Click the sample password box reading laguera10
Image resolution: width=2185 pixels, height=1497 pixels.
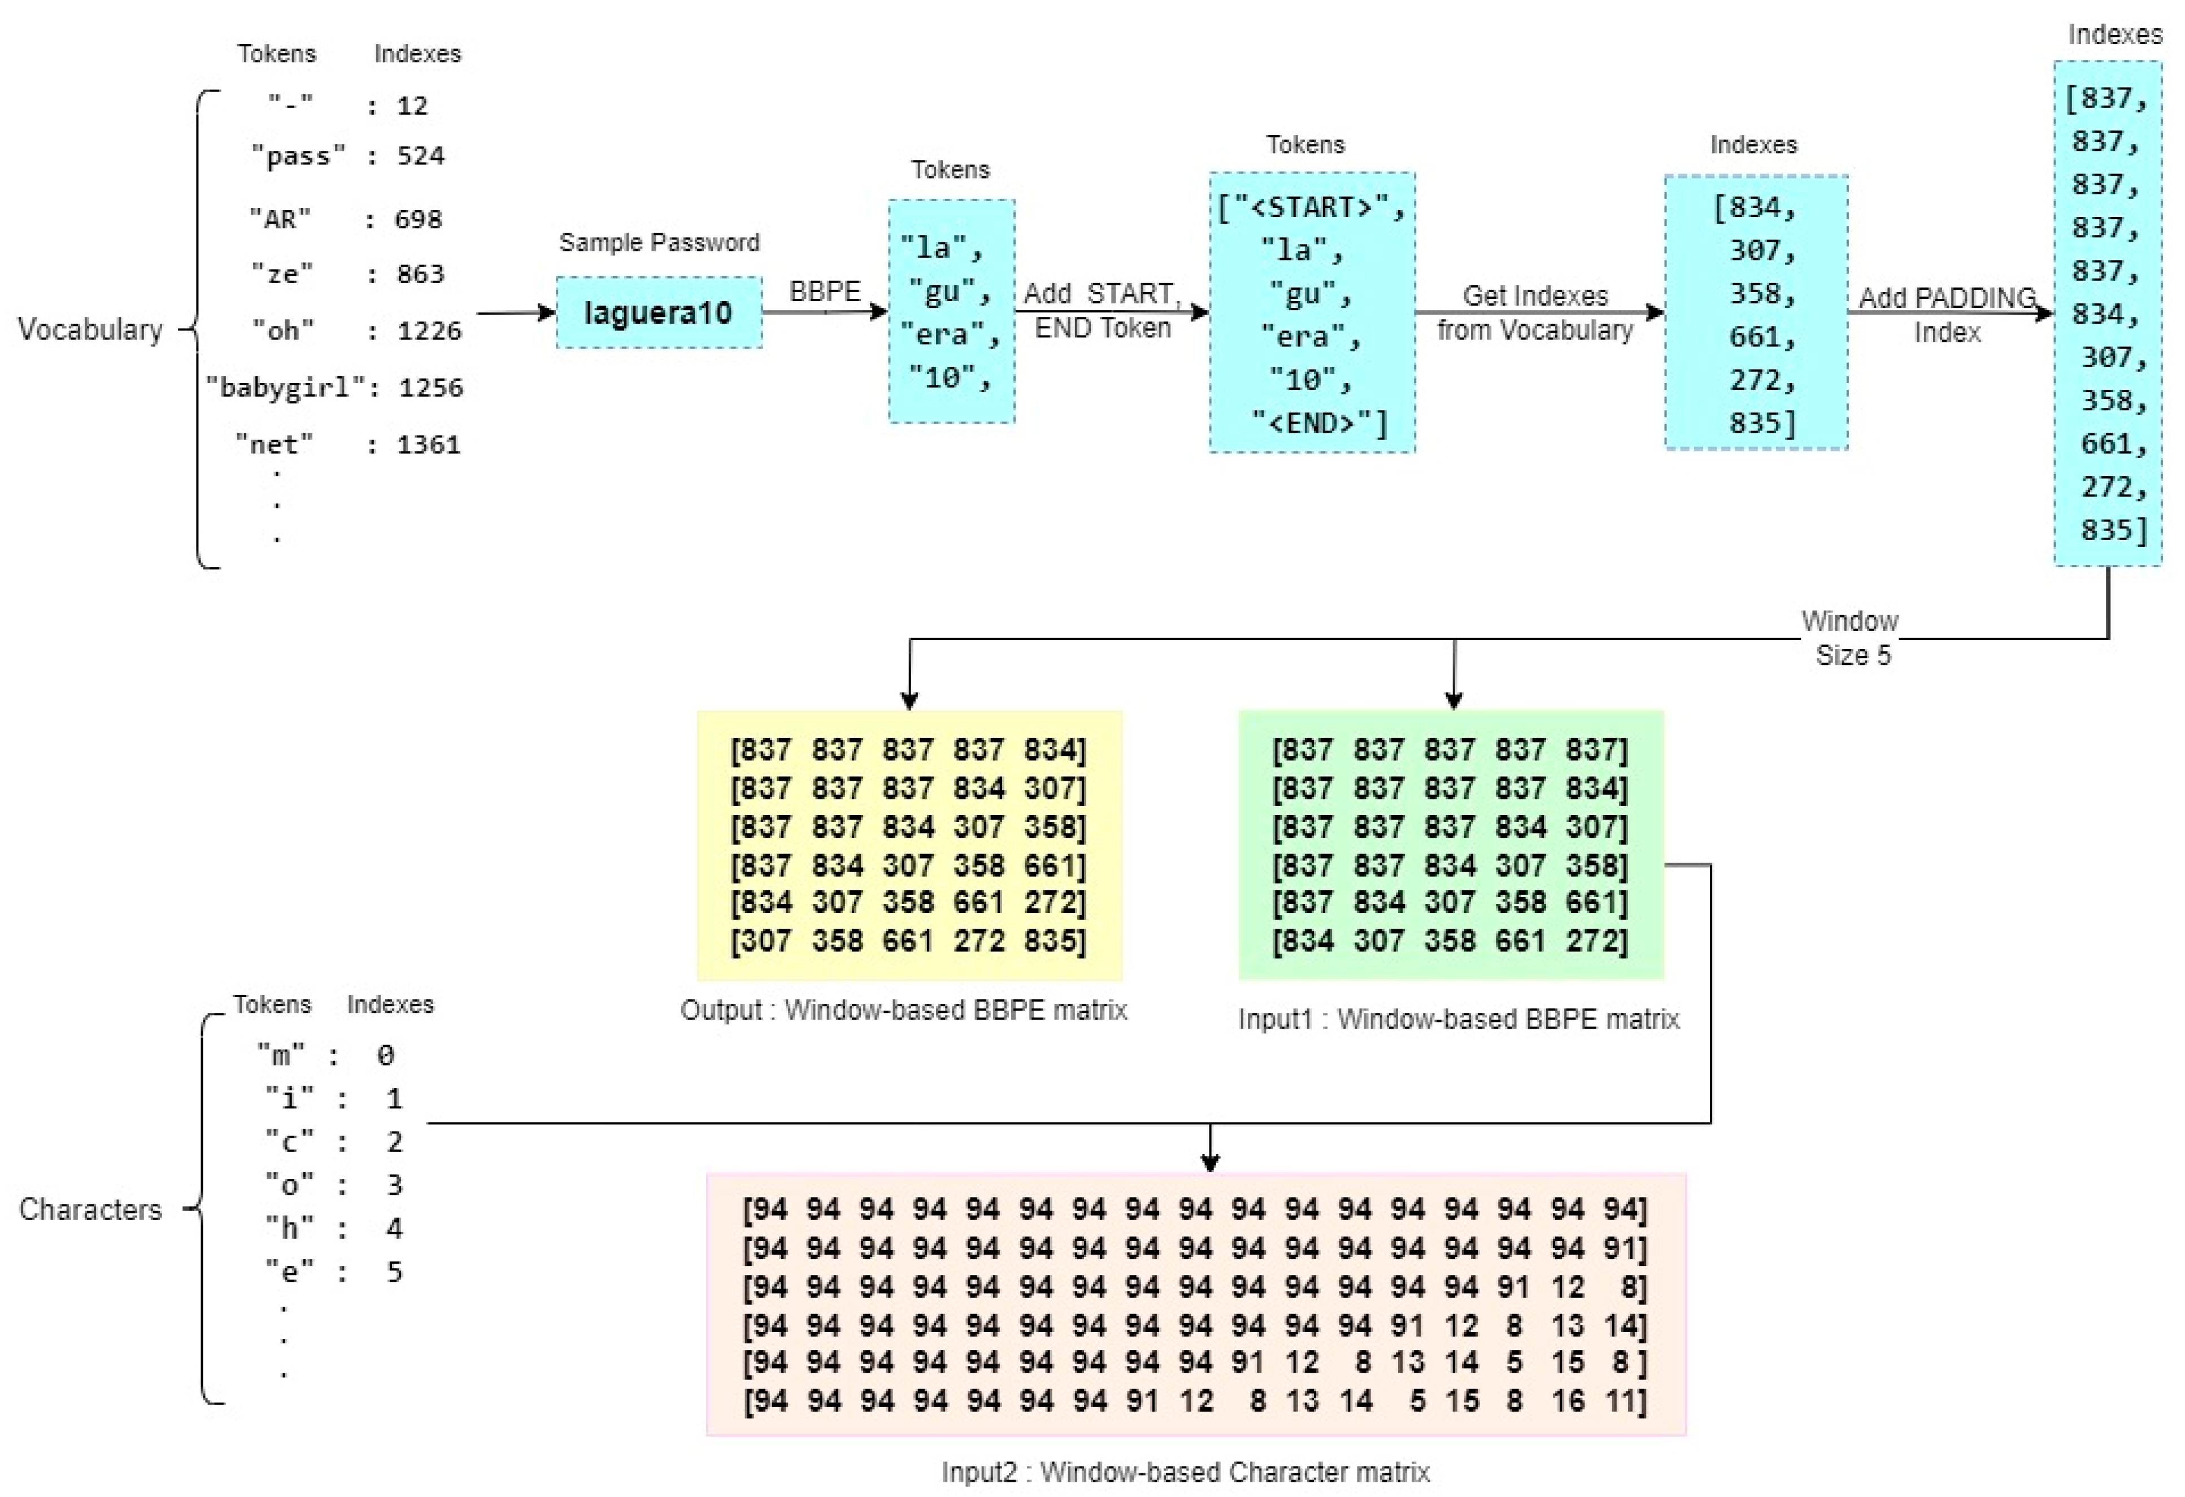pos(658,312)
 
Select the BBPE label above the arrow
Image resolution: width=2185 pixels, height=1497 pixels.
pos(825,291)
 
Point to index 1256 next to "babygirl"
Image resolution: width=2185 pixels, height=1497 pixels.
pos(430,388)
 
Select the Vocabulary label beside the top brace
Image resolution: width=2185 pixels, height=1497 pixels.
pos(90,330)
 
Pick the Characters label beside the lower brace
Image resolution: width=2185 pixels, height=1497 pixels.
pos(90,1209)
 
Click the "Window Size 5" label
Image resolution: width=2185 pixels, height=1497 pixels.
pos(1850,638)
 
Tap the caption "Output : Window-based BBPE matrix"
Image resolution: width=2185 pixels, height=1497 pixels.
pos(903,1011)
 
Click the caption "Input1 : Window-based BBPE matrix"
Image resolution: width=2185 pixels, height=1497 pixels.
pos(1458,1019)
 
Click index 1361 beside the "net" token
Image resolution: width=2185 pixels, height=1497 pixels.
pos(429,445)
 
